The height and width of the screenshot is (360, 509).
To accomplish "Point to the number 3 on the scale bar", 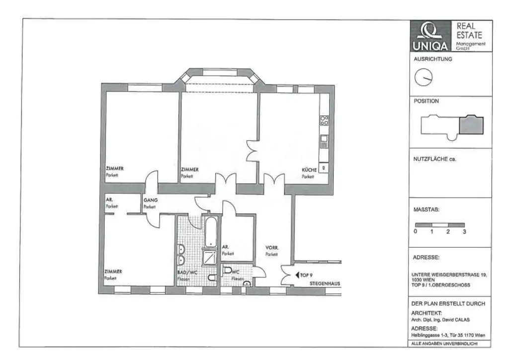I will point(464,232).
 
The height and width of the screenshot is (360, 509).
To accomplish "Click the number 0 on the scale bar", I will point(416,232).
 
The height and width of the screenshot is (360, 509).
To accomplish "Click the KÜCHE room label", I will point(309,170).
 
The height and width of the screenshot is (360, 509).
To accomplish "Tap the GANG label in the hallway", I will point(150,200).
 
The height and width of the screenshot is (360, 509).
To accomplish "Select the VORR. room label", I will point(271,247).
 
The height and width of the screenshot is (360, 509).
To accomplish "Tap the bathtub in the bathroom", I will point(210,231).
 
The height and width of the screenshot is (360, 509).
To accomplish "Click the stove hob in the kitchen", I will point(324,119).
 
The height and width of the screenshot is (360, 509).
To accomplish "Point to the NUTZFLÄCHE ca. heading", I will point(434,160).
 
